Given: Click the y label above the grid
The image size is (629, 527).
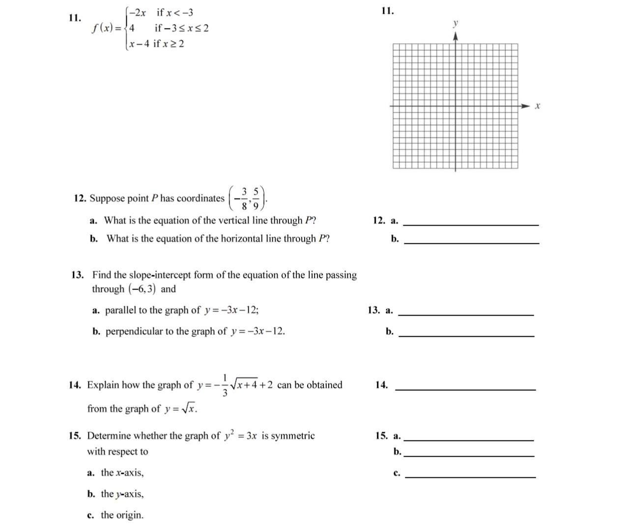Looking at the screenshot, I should [x=456, y=24].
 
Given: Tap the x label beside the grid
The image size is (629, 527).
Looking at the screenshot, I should [x=537, y=106].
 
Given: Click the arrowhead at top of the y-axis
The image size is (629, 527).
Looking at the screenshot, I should [x=456, y=36].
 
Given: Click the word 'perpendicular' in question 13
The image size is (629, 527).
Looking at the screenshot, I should [x=134, y=331].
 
